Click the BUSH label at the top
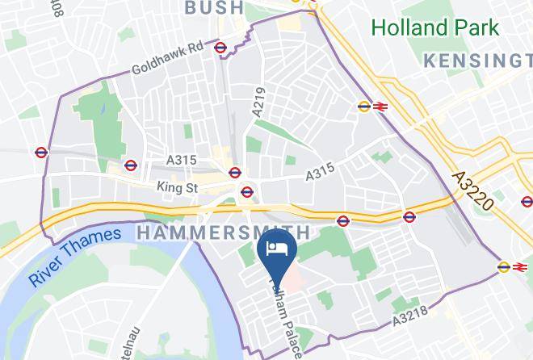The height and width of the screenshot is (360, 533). (x=213, y=8)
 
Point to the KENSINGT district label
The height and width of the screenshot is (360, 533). (x=477, y=61)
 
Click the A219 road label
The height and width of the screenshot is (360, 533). (x=258, y=104)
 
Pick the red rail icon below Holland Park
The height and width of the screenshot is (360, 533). (x=380, y=106)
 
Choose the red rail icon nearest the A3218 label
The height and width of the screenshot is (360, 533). (x=519, y=267)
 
